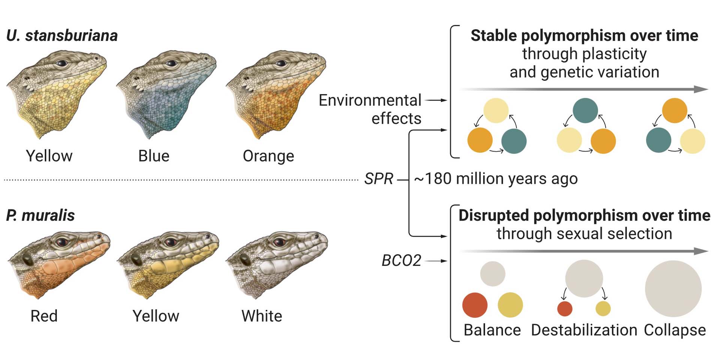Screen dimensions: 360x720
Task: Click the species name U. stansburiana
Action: point(62,36)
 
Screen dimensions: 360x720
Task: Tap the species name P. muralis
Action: point(40,216)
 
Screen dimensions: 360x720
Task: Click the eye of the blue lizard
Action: point(171,63)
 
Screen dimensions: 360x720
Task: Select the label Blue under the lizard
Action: point(154,156)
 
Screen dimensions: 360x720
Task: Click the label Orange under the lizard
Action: point(268,156)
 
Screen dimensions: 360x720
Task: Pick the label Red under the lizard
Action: point(44,316)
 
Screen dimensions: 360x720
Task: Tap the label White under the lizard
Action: point(262,316)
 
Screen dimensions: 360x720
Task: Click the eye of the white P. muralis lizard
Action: point(279,242)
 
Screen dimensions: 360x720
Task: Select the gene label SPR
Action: point(379,179)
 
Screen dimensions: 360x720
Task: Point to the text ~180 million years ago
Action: point(496,179)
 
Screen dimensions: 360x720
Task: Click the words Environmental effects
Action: point(370,109)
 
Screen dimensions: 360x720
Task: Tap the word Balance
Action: point(492,330)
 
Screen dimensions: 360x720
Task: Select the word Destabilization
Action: point(584,330)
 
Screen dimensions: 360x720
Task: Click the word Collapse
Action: point(675,330)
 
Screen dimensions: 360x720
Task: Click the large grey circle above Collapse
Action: point(673,288)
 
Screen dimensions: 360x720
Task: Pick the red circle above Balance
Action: point(475,305)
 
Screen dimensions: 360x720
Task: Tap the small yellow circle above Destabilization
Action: point(603,309)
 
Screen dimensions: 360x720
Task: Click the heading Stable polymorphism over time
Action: point(584,36)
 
